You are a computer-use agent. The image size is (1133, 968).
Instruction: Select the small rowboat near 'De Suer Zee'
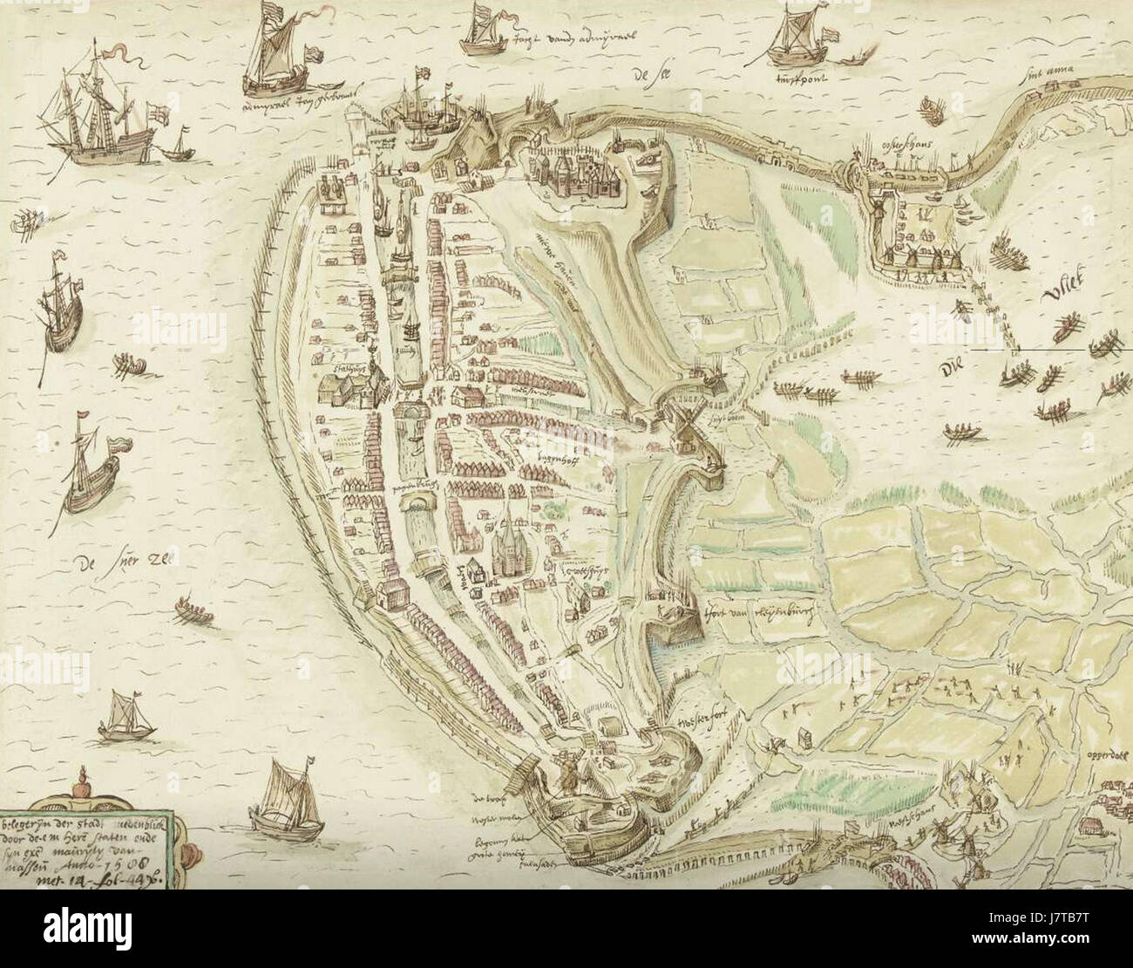click(x=193, y=610)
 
